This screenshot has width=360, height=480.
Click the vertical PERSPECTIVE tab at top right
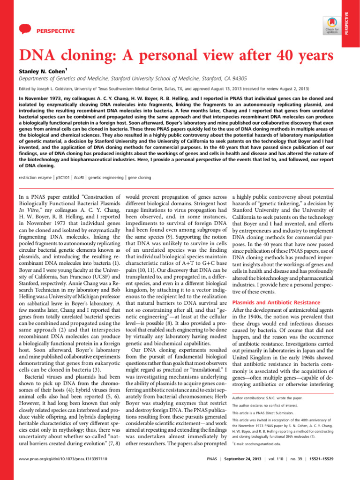pos(352,24)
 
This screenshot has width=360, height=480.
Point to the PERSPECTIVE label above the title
pos(55,31)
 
